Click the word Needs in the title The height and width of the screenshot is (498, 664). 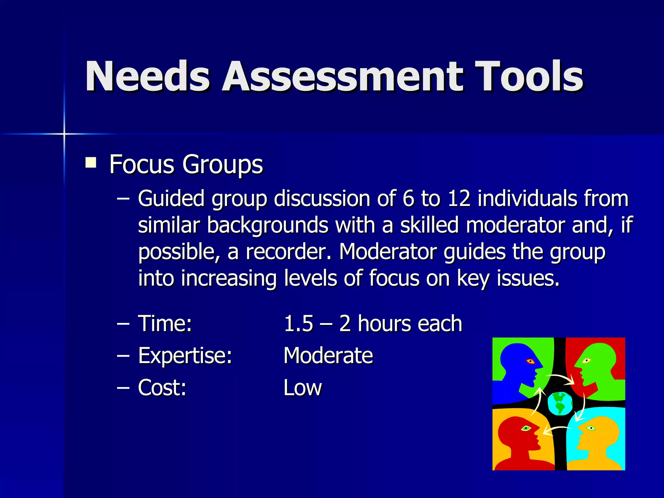pyautogui.click(x=148, y=77)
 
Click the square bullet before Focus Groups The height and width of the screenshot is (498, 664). pyautogui.click(x=91, y=162)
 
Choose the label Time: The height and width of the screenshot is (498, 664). pyautogui.click(x=165, y=324)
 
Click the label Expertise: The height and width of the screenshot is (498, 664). pyautogui.click(x=185, y=356)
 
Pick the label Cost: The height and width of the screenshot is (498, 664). pyautogui.click(x=162, y=387)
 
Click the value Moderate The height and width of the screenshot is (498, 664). pyautogui.click(x=328, y=356)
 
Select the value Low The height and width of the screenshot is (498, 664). pyautogui.click(x=302, y=387)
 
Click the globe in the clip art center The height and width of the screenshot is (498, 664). pyautogui.click(x=560, y=404)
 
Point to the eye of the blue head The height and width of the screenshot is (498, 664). pyautogui.click(x=530, y=361)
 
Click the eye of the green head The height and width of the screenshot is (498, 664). pyautogui.click(x=586, y=361)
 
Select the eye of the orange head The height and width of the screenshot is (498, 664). pyautogui.click(x=591, y=428)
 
